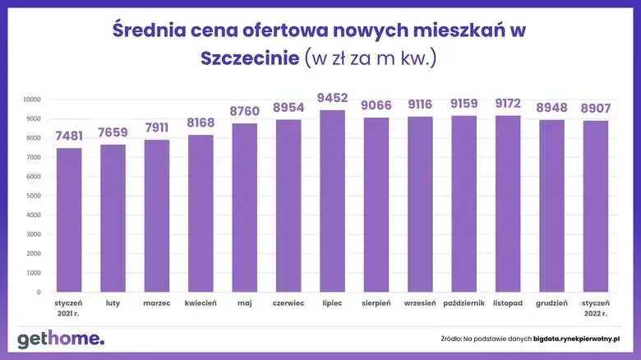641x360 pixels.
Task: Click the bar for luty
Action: pyautogui.click(x=113, y=219)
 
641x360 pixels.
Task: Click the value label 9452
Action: pyautogui.click(x=332, y=99)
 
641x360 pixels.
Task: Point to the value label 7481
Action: pyautogui.click(x=69, y=136)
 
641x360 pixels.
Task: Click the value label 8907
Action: pyautogui.click(x=596, y=108)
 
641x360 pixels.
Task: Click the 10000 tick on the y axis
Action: pyautogui.click(x=30, y=99)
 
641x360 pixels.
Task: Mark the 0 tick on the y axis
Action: pyautogui.click(x=38, y=292)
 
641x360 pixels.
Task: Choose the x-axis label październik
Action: pyautogui.click(x=464, y=303)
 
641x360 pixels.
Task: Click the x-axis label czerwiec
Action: pyautogui.click(x=288, y=303)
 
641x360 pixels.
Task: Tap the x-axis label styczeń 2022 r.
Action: pyautogui.click(x=596, y=308)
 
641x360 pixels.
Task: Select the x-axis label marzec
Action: pyautogui.click(x=157, y=303)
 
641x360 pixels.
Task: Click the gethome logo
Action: pyautogui.click(x=61, y=339)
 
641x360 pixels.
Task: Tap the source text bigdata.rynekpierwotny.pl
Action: pyautogui.click(x=575, y=339)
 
